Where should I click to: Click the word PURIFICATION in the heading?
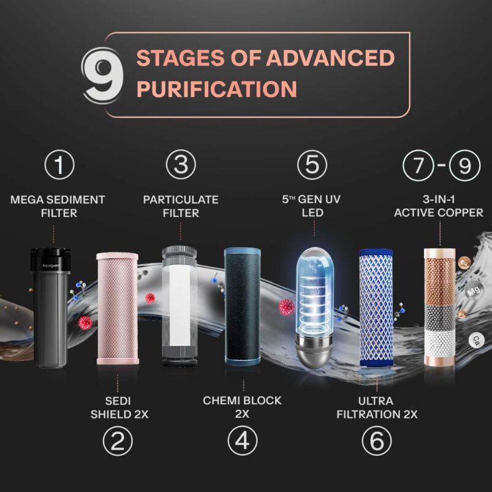coord(217,89)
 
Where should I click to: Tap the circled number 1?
coord(59,165)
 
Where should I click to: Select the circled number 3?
coord(181,165)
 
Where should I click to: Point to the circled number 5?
coord(312,165)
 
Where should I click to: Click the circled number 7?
coord(418,165)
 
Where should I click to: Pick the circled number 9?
coord(464,165)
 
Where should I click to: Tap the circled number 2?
coord(118,441)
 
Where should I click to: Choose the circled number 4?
coord(243,441)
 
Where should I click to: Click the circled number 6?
coord(377,441)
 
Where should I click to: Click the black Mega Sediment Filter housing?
coord(50,308)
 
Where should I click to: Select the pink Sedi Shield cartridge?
coord(118,308)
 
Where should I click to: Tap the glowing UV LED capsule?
coord(314,308)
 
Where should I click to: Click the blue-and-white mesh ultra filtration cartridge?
coord(376,308)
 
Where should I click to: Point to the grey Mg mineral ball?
coord(474,291)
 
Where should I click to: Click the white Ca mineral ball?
coord(476,341)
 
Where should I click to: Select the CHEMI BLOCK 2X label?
coord(242,407)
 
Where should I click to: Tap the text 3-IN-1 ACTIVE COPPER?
coord(438,206)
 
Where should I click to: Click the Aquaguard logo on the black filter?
coord(51,266)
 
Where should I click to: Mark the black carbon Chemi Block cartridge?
coord(242,306)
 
